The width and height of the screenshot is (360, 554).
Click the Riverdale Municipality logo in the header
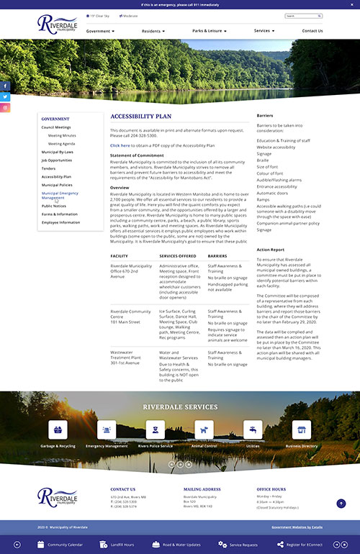[x=58, y=25]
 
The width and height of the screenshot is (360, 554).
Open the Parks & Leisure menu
[x=209, y=32]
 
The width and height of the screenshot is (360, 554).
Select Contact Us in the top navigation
[x=312, y=32]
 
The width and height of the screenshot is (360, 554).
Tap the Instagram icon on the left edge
[x=5, y=107]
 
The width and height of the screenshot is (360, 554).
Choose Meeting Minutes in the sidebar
[x=62, y=135]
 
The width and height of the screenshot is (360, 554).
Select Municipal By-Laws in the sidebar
[x=57, y=152]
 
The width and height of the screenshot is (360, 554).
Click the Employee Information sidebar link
[x=60, y=222]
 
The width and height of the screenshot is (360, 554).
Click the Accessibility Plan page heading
[x=141, y=116]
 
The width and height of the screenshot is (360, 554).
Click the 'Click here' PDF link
[x=120, y=145]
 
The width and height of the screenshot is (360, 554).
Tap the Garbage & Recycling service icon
[x=58, y=430]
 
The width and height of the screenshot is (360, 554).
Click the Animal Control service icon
[x=204, y=430]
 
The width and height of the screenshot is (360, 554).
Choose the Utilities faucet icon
[x=253, y=430]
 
